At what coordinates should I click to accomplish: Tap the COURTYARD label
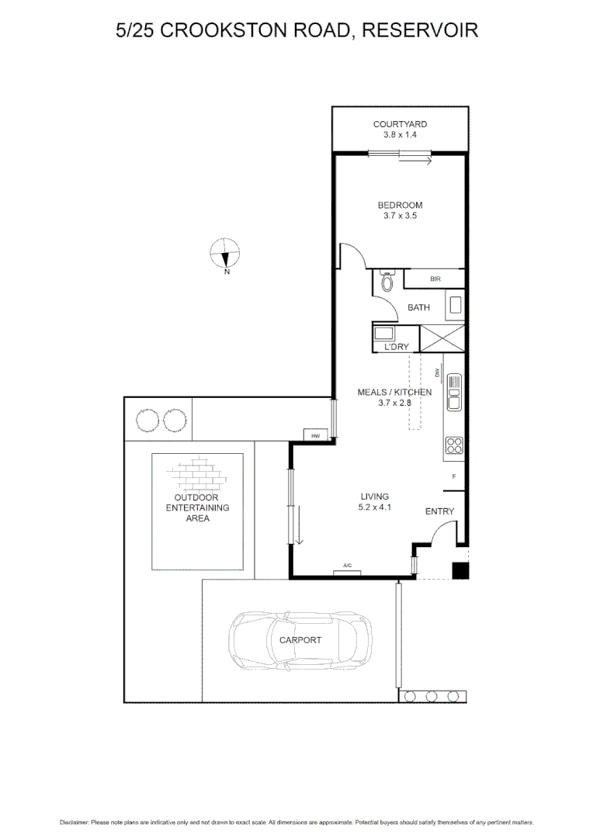click(x=400, y=124)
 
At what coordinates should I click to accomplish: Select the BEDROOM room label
click(x=400, y=206)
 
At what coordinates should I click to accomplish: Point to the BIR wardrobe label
click(x=435, y=279)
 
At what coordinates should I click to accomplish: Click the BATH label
click(x=418, y=308)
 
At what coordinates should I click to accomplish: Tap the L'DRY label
click(x=396, y=347)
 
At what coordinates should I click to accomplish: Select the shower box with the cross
click(x=442, y=338)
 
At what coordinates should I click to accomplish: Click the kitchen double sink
click(x=454, y=393)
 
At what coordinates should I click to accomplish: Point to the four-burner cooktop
click(x=454, y=445)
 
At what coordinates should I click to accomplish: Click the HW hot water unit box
click(x=315, y=437)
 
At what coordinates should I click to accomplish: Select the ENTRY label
click(x=439, y=511)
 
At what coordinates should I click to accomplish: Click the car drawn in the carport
click(x=300, y=640)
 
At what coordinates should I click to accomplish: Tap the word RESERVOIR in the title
click(x=419, y=30)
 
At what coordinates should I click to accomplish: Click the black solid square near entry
click(x=460, y=570)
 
